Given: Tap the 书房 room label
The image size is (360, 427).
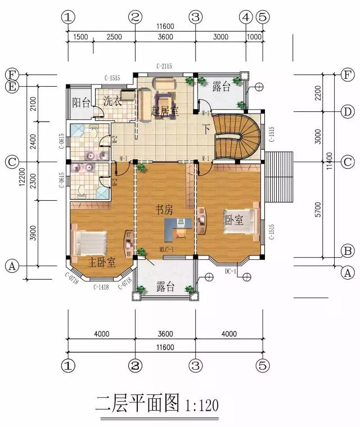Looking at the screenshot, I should pyautogui.click(x=164, y=210).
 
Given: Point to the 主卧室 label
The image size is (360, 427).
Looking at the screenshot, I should pyautogui.click(x=102, y=262).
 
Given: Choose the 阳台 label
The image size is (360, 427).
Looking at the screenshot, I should pyautogui.click(x=81, y=102).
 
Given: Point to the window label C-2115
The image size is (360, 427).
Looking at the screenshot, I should pyautogui.click(x=164, y=66).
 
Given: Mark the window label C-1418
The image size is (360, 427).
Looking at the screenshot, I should pyautogui.click(x=101, y=287).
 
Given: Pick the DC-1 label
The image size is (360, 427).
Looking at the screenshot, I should pyautogui.click(x=231, y=272).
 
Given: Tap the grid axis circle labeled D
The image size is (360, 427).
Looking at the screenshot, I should pyautogui.click(x=347, y=111).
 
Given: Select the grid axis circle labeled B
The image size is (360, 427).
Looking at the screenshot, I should pyautogui.click(x=347, y=250).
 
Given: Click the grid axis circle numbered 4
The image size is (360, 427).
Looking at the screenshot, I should pyautogui.click(x=246, y=17).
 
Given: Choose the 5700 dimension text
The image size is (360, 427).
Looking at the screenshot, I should pyautogui.click(x=318, y=209).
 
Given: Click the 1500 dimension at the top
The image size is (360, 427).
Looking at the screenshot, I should pyautogui.click(x=80, y=37).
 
